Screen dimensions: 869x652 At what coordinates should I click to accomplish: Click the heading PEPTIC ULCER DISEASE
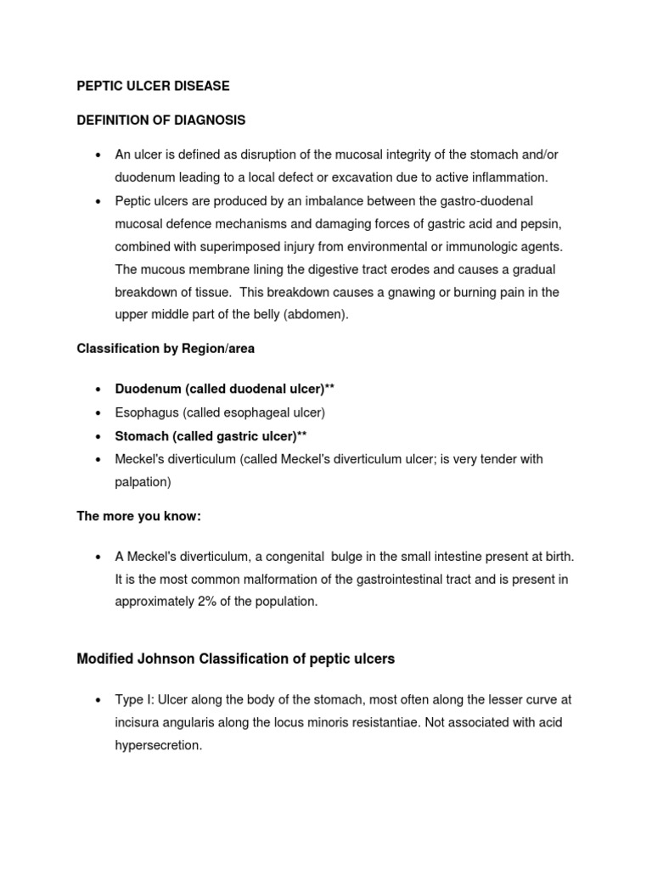click(153, 87)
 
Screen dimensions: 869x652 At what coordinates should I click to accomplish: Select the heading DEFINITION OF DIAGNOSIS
click(161, 121)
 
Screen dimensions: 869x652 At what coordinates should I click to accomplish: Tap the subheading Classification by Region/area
click(166, 349)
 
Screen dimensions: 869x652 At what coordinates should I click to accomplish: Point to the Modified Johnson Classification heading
click(235, 659)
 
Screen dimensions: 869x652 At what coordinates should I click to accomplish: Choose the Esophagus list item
click(221, 412)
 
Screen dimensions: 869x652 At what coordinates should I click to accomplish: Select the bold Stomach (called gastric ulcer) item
click(211, 436)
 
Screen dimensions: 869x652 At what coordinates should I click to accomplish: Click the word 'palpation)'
click(143, 482)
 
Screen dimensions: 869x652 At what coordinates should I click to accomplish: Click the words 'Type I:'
click(138, 699)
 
